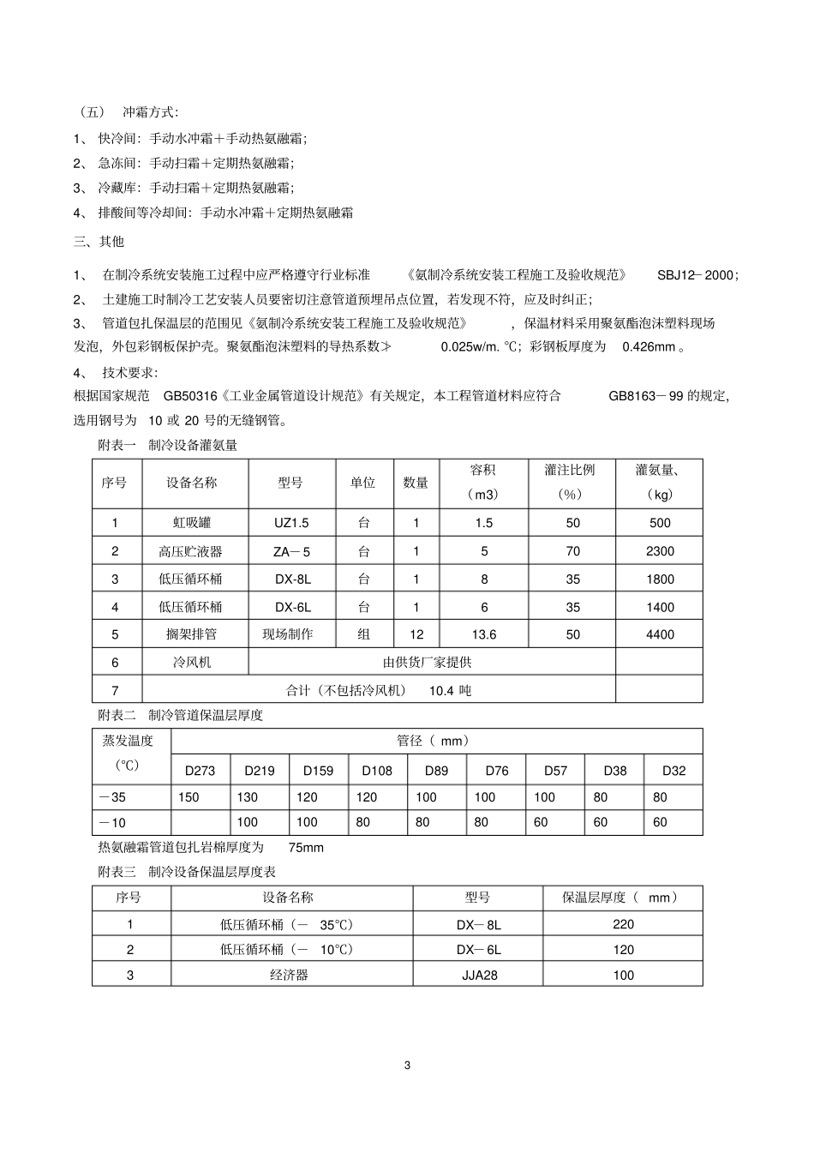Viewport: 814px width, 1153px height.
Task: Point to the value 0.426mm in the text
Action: click(653, 347)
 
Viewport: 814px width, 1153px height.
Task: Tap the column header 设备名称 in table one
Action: click(192, 483)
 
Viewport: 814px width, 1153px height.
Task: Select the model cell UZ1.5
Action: click(291, 523)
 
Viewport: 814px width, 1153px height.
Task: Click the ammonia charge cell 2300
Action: click(660, 551)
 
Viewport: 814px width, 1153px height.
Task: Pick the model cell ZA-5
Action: click(291, 551)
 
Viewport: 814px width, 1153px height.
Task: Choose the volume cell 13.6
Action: click(484, 634)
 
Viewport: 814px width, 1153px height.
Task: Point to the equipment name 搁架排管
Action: click(190, 634)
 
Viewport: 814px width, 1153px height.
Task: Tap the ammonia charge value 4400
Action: click(660, 634)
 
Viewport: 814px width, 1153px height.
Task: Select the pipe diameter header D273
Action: click(201, 771)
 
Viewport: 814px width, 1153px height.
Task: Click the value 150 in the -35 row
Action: click(189, 797)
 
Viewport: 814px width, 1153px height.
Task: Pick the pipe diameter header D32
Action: click(673, 771)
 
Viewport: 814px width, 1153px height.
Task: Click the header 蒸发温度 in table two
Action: click(128, 742)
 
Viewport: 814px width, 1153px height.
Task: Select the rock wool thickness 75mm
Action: click(306, 848)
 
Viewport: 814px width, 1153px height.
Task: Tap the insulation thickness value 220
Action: click(623, 924)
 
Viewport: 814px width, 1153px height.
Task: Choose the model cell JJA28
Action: click(478, 975)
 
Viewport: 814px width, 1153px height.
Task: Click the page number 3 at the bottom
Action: click(407, 1066)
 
